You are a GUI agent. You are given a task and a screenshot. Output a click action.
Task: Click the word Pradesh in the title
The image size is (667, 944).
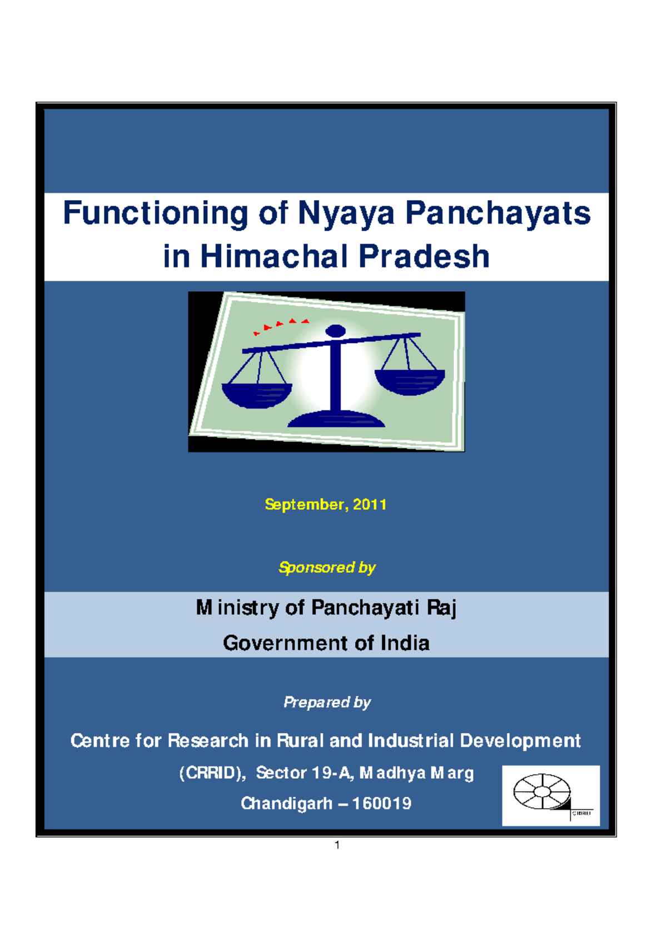coord(424,256)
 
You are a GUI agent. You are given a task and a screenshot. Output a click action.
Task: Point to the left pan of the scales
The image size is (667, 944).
coord(256,393)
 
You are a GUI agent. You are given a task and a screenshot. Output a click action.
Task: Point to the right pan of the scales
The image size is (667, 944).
coord(410,381)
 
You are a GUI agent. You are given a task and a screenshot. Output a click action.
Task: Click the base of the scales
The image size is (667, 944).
coord(336,420)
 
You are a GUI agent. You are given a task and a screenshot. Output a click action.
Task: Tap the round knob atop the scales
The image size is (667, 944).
coord(336,331)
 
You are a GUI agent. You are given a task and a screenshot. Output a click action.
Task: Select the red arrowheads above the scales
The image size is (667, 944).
coord(281,325)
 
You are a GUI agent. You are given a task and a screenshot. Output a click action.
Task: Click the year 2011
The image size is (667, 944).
coord(370,504)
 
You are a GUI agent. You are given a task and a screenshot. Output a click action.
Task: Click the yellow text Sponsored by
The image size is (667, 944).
coord(327,567)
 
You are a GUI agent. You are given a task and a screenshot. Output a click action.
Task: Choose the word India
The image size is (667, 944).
coord(405,643)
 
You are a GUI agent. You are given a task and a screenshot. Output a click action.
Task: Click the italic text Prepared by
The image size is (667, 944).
coord(327,702)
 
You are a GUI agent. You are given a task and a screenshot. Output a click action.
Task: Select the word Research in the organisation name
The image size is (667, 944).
coord(208,741)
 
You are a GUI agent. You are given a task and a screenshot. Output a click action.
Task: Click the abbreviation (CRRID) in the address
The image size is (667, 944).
coord(212,773)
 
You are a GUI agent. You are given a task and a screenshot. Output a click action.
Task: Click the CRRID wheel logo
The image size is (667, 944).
coord(542,791)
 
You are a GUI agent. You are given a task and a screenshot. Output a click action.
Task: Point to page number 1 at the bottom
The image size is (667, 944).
coord(337,845)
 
